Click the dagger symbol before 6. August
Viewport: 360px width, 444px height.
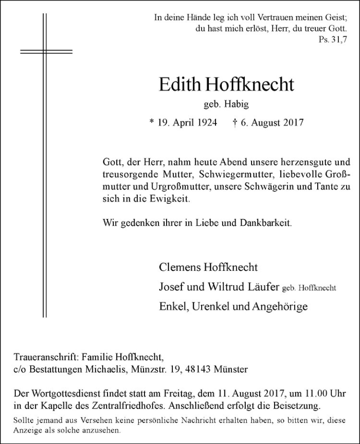(x=235, y=122)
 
